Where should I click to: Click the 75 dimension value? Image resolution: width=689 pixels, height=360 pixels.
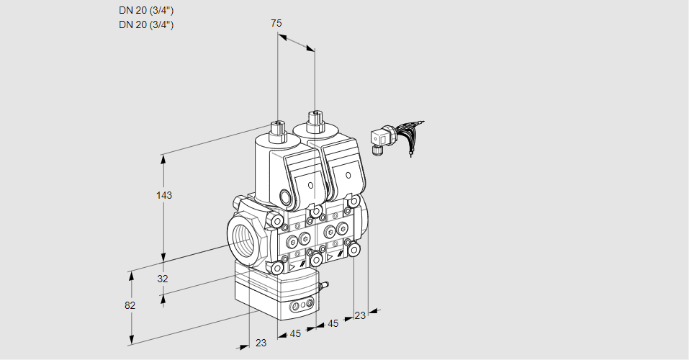click(x=276, y=23)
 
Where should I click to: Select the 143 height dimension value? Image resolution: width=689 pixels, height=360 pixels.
click(x=166, y=195)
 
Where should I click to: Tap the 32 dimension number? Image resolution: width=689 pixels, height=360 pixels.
click(x=163, y=279)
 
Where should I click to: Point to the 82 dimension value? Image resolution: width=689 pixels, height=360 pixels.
click(x=130, y=305)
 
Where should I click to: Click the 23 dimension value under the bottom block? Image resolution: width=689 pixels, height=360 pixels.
click(x=261, y=343)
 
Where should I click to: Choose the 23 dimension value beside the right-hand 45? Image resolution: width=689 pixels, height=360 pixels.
click(x=360, y=315)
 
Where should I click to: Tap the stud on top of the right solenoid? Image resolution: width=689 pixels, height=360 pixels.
click(x=315, y=120)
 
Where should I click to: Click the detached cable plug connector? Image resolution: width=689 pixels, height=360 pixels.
click(x=379, y=139)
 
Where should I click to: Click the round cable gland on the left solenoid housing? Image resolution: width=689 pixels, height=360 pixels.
click(x=287, y=198)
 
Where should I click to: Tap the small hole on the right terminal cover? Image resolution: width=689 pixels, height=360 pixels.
click(x=348, y=175)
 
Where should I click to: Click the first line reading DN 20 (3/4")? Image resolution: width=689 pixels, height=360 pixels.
click(x=145, y=10)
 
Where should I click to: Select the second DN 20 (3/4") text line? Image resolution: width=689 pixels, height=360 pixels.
click(x=145, y=24)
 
